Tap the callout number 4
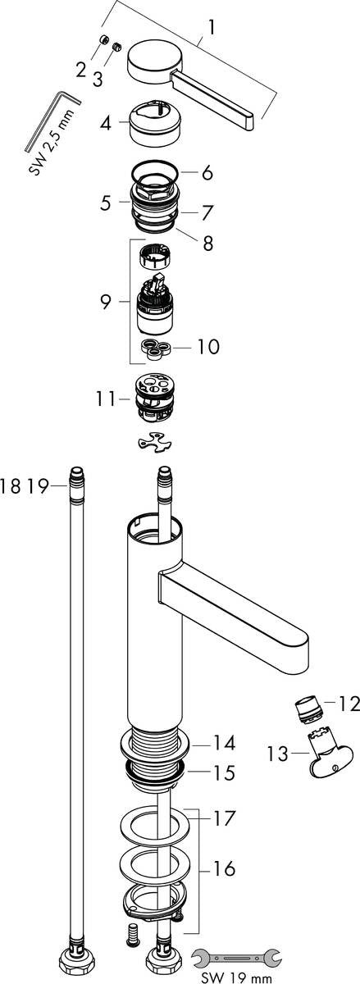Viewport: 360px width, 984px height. pyautogui.click(x=106, y=125)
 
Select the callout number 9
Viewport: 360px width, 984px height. pyautogui.click(x=106, y=302)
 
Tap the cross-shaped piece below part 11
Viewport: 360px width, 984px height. pyautogui.click(x=157, y=443)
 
